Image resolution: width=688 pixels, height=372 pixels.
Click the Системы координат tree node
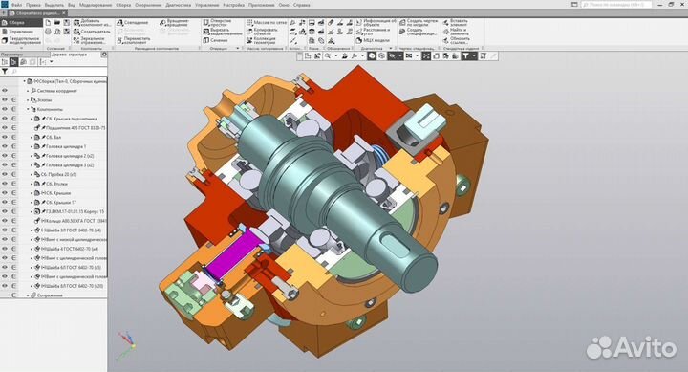(58, 91)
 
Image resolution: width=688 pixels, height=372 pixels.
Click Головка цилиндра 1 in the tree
(65, 146)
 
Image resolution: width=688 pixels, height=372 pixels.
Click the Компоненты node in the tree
(52, 109)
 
